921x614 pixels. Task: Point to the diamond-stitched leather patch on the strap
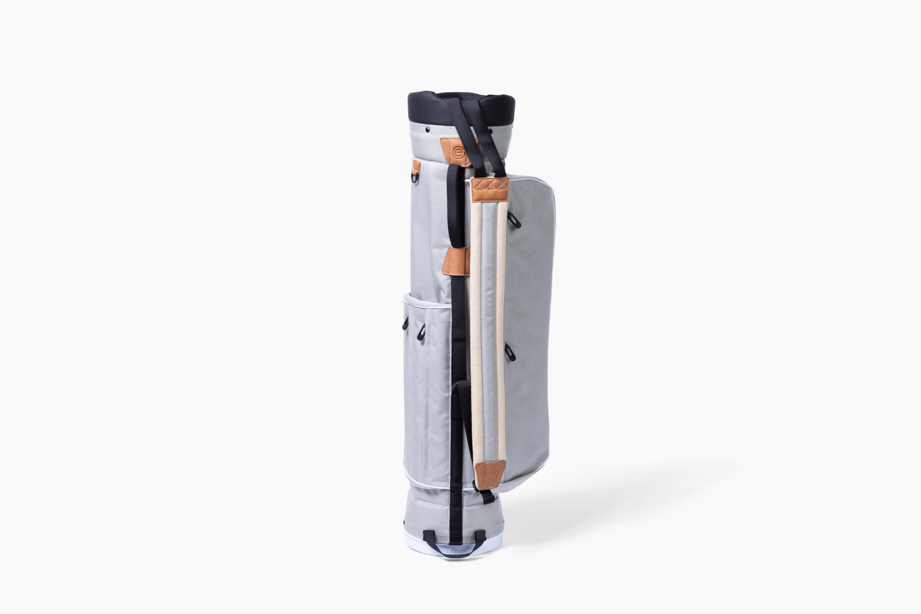pos(491,192)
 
